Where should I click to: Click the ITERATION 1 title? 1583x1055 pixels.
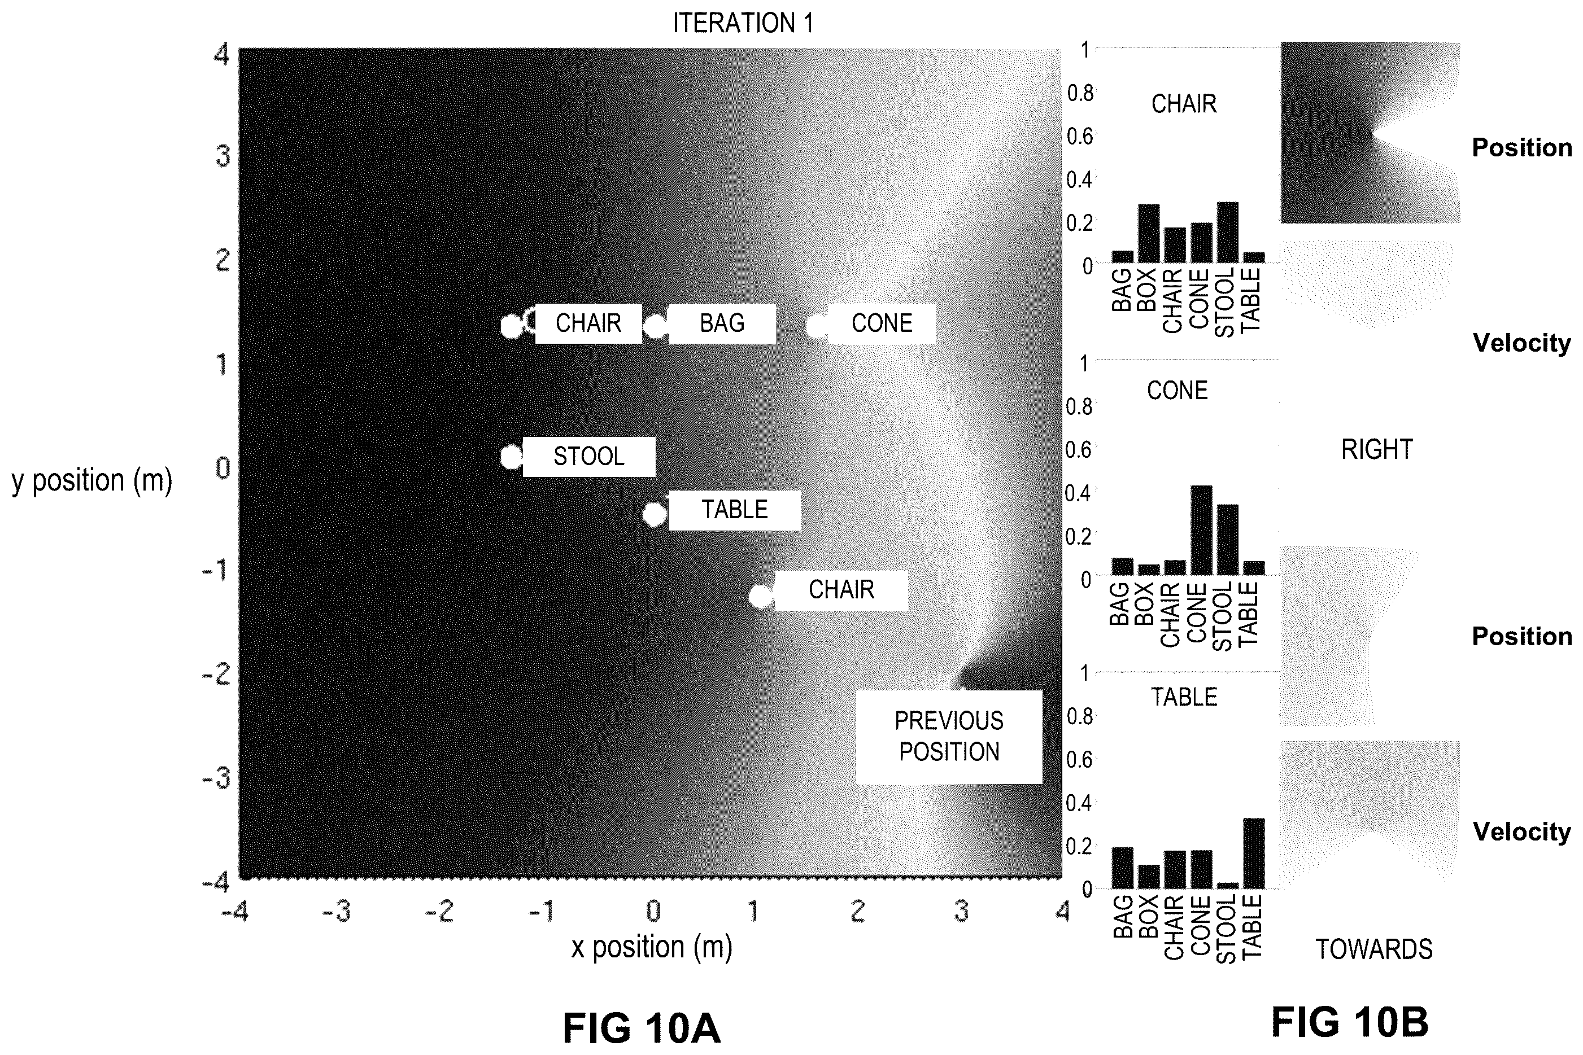point(743,24)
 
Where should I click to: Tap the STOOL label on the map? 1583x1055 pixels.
point(589,457)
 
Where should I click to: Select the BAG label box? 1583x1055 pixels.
point(722,323)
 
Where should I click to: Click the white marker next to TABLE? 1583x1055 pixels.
point(654,515)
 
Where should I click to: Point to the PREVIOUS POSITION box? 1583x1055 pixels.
point(949,737)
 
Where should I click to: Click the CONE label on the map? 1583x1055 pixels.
point(882,323)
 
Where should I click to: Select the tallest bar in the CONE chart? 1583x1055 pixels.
point(1201,530)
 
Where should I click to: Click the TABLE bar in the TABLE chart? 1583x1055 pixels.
point(1254,853)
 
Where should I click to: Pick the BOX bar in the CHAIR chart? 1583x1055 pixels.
point(1149,233)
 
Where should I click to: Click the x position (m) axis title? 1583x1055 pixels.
point(652,947)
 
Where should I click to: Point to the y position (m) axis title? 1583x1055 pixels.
point(92,481)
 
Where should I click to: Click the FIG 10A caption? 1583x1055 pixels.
point(642,1028)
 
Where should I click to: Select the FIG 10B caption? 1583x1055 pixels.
point(1349,1022)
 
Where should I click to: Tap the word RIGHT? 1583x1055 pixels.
point(1376,449)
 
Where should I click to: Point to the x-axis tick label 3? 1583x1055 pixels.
point(961,911)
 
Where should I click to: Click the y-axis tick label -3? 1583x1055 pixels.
point(217,778)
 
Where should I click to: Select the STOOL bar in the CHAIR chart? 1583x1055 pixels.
point(1228,232)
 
